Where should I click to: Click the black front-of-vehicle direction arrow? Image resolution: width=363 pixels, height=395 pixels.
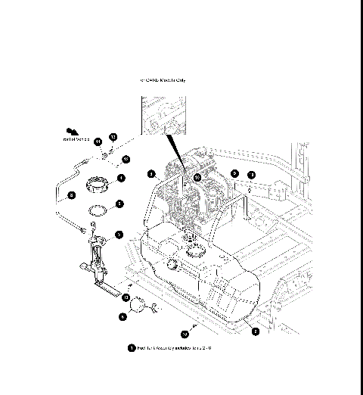coord(73,130)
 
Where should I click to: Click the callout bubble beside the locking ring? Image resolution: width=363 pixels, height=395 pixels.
coord(121,178)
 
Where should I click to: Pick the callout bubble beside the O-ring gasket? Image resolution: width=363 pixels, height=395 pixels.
coord(119,204)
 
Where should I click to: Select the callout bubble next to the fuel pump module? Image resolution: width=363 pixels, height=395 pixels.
coord(119,235)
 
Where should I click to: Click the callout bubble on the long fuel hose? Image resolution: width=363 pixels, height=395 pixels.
coord(71,194)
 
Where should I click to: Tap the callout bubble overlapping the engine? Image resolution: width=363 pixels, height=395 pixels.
coord(197,177)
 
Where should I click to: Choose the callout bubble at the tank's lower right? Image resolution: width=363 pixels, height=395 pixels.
coord(255,331)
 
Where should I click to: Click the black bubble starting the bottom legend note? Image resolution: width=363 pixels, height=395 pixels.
coord(132,348)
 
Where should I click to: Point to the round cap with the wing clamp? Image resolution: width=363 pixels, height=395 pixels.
coord(138,306)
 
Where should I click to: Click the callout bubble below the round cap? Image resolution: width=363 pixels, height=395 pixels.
coord(123,318)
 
